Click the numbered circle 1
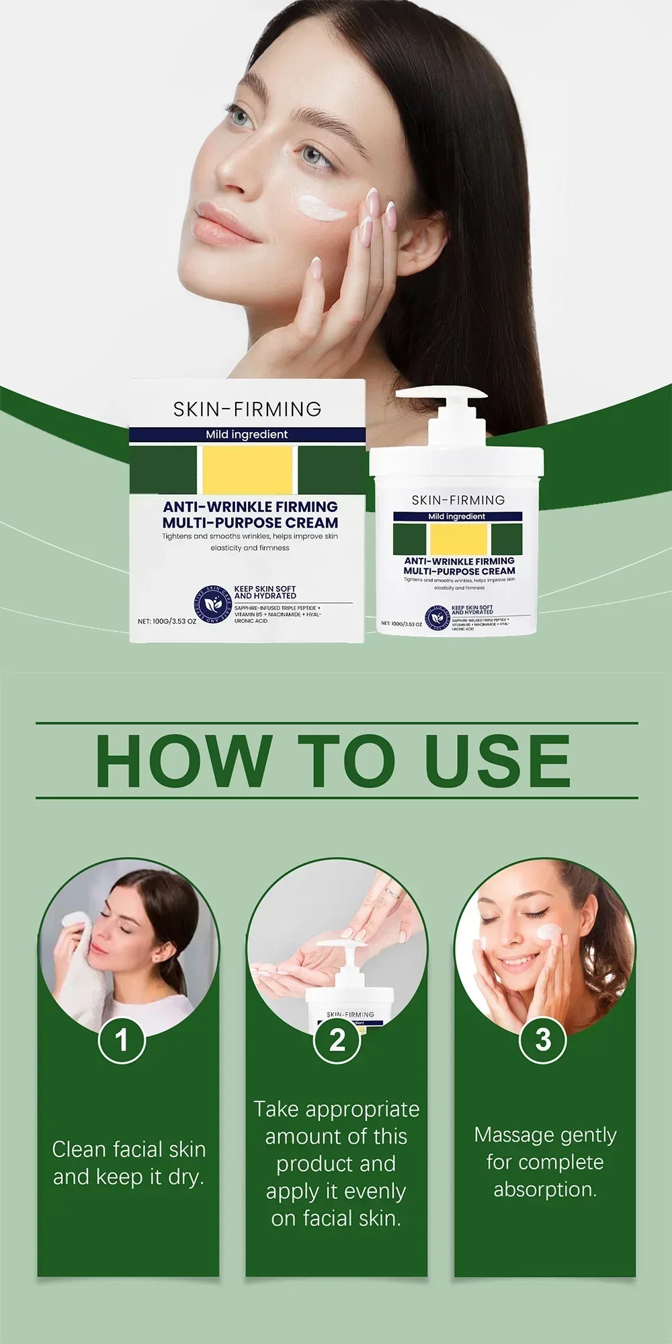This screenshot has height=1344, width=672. (122, 1040)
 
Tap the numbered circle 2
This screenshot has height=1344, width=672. (337, 1040)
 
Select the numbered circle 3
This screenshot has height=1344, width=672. (543, 1040)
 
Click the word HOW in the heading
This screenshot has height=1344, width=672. (183, 761)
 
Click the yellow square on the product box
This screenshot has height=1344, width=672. (247, 470)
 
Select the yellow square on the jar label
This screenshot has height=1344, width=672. (458, 539)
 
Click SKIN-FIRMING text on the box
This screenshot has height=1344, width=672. (247, 409)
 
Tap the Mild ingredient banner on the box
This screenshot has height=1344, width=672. (247, 435)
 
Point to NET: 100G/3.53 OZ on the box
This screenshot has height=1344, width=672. (167, 622)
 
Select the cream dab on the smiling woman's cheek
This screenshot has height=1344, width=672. (549, 932)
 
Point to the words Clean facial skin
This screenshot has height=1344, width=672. (128, 1149)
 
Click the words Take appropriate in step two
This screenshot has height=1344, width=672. (336, 1109)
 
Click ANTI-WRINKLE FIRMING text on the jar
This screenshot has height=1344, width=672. (459, 561)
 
